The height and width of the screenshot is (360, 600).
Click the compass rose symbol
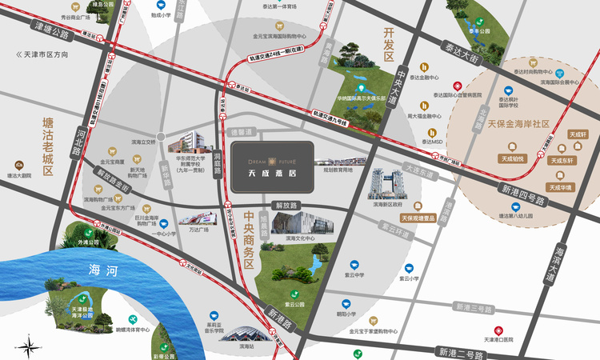pyautogui.click(x=29, y=346)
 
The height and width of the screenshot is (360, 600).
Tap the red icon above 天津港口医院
pyautogui.click(x=497, y=330)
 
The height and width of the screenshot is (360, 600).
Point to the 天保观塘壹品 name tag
pyautogui.click(x=418, y=218)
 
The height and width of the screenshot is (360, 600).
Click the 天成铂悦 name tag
pyautogui.click(x=513, y=158)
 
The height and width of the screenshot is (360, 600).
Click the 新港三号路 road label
pyautogui.click(x=474, y=307)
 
